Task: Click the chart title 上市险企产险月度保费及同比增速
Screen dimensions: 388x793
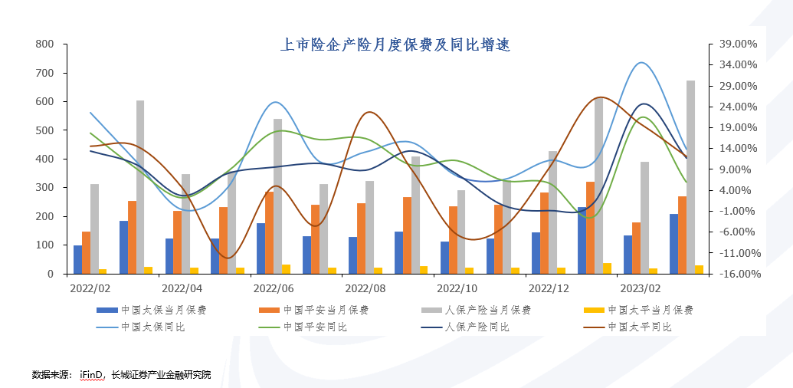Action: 395,46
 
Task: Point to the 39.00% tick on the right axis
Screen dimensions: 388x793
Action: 739,44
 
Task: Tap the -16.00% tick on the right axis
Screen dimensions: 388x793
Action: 739,274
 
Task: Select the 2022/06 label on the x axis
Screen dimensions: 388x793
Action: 274,289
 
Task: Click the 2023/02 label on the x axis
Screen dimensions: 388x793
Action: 640,289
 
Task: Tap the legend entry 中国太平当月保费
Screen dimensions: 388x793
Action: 650,311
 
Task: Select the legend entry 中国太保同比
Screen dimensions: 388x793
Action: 154,327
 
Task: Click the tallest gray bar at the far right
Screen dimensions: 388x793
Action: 690,176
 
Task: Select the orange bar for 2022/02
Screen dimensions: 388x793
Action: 86,252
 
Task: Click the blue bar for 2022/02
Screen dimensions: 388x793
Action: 77,259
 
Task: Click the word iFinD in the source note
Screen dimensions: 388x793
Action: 91,374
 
